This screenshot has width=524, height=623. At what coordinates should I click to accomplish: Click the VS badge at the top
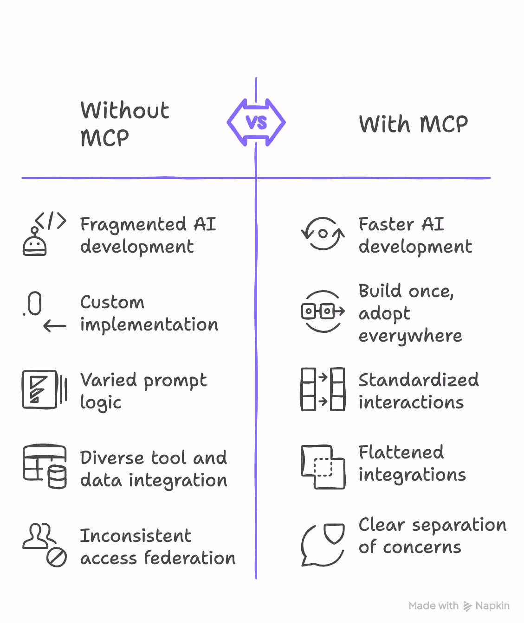pyautogui.click(x=256, y=123)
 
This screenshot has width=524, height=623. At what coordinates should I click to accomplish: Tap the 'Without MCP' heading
pyautogui.click(x=125, y=124)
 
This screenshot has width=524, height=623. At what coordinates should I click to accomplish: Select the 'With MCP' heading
pyautogui.click(x=413, y=124)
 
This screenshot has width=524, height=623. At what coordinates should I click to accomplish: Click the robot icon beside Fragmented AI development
pyautogui.click(x=35, y=243)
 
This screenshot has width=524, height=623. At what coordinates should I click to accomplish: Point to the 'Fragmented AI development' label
pyautogui.click(x=148, y=235)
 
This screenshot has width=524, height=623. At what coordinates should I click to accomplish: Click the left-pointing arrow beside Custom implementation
pyautogui.click(x=55, y=326)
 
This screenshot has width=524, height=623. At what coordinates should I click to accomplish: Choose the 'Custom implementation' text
pyautogui.click(x=149, y=313)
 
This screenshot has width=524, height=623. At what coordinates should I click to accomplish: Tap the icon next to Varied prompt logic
pyautogui.click(x=44, y=389)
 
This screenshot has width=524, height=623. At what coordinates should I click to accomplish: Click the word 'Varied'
pyautogui.click(x=109, y=380)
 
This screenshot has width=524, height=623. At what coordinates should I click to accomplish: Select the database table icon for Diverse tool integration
pyautogui.click(x=45, y=466)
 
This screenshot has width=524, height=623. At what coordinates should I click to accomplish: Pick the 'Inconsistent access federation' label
pyautogui.click(x=157, y=547)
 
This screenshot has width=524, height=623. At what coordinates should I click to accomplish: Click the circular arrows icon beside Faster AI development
pyautogui.click(x=323, y=234)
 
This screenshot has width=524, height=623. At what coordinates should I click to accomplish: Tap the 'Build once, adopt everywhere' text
pyautogui.click(x=410, y=313)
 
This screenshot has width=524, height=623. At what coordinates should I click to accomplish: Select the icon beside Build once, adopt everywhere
pyautogui.click(x=323, y=311)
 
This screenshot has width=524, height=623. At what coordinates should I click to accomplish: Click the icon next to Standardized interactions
pyautogui.click(x=323, y=389)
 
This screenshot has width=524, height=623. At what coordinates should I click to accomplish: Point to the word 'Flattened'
pyautogui.click(x=401, y=452)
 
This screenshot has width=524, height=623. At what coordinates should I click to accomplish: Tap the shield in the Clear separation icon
pyautogui.click(x=334, y=533)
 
